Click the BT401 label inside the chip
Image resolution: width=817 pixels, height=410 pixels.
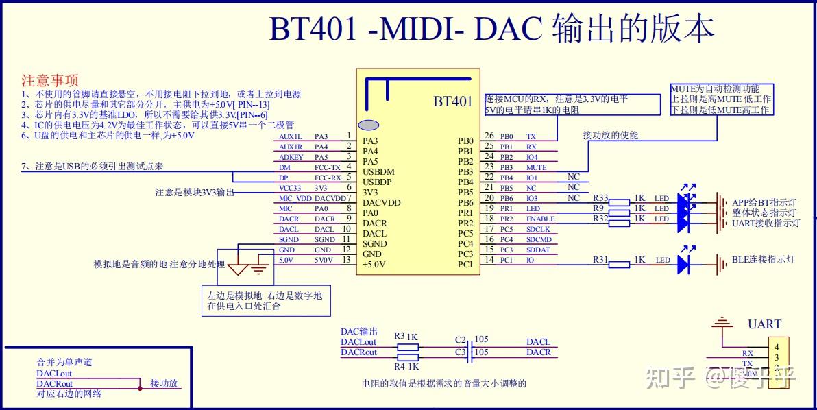452,101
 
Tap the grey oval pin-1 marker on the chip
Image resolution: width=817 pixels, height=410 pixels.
369,125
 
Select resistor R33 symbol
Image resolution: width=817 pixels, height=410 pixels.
620,202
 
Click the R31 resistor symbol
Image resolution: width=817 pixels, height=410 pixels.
620,264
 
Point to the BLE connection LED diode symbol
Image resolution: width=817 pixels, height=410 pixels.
683,264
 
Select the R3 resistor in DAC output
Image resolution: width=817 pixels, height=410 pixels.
408,347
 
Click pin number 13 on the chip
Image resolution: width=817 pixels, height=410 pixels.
347,260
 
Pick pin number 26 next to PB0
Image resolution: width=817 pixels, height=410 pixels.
489,136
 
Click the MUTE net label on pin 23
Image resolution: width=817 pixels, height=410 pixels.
536,167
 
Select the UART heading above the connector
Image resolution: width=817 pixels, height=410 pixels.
764,324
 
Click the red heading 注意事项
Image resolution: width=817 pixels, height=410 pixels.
50,81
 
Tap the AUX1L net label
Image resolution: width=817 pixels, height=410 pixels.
291,136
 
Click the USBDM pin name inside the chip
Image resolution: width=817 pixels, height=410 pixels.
378,171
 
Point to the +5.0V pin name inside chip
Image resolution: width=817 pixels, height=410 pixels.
374,264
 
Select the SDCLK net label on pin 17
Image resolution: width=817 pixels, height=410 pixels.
538,229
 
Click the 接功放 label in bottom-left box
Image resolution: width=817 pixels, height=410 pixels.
164,383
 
